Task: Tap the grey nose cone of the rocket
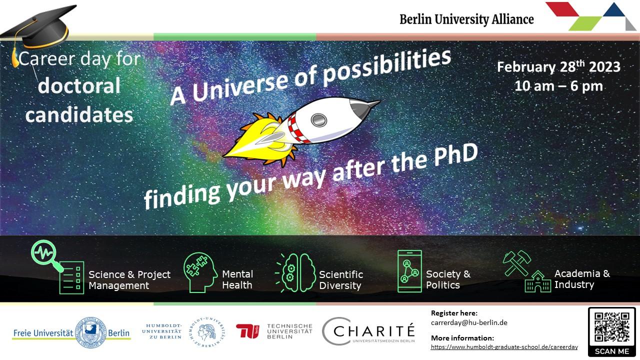coord(363,108)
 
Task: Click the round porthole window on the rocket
coord(319,119)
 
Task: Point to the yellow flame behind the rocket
coord(257,140)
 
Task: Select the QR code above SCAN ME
coord(612,327)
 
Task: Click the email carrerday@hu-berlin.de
coord(469,322)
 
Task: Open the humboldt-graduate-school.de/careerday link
coord(504,347)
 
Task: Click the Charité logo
coord(368,331)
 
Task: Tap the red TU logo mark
coord(247,331)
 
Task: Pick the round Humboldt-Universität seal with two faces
coord(207,332)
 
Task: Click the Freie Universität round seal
coord(91,332)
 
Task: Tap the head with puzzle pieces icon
coord(200,272)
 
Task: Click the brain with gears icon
coord(296,273)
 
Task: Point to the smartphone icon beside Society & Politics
coord(409,271)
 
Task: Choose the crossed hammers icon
coord(517,263)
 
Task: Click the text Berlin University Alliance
coord(466,19)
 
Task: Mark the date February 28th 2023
coord(558,67)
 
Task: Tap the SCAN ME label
coord(612,351)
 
